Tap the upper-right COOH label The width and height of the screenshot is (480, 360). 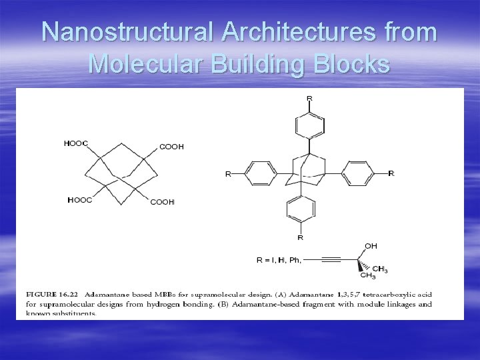click(171, 147)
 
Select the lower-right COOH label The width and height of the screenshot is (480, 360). click(162, 201)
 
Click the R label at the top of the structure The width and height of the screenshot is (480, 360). click(309, 98)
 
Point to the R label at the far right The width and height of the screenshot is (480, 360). click(391, 173)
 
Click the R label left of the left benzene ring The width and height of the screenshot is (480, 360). click(227, 174)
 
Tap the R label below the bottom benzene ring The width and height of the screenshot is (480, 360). click(301, 237)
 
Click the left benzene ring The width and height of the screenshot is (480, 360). click(260, 174)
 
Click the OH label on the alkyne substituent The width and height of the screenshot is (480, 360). click(371, 246)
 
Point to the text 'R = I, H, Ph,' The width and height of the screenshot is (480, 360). click(279, 260)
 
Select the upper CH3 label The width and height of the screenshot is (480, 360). click(380, 269)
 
